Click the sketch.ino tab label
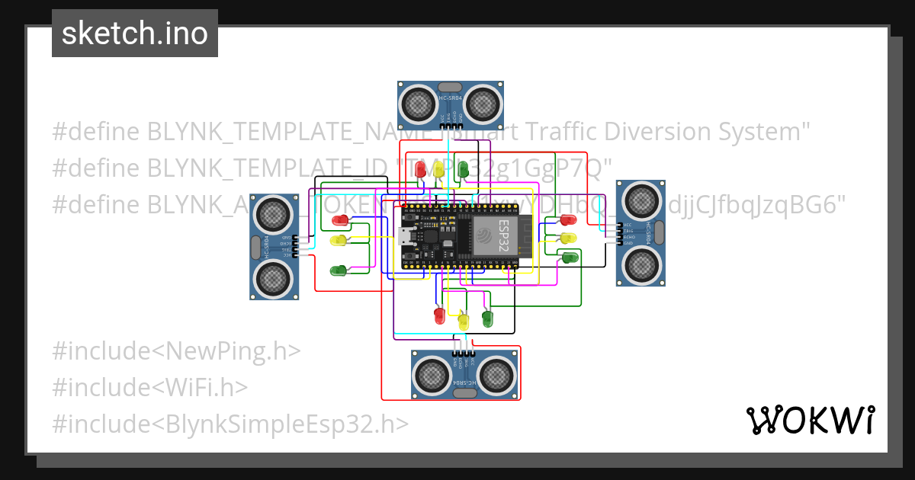click(134, 34)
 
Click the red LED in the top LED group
click(420, 171)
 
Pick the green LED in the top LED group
click(463, 171)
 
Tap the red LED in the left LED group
click(340, 220)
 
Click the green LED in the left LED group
click(339, 270)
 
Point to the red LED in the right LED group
click(568, 220)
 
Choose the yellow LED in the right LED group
click(568, 238)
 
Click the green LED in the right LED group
click(569, 258)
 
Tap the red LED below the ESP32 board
click(438, 315)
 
